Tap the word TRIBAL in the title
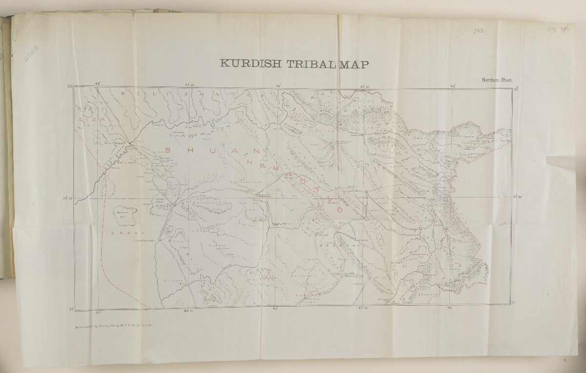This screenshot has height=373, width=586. pyautogui.click(x=308, y=65)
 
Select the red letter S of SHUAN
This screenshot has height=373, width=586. pyautogui.click(x=168, y=150)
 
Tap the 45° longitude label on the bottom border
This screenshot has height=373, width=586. pyautogui.click(x=275, y=309)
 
